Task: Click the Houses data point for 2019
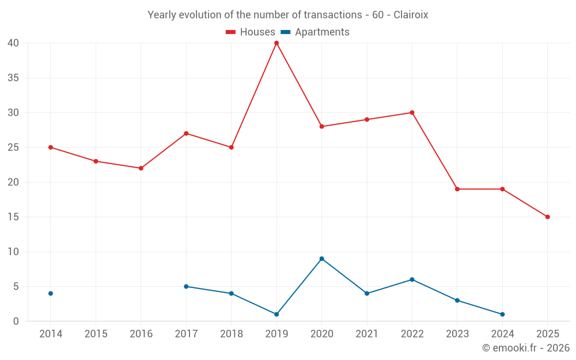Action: point(276,43)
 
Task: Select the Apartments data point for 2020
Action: point(321,259)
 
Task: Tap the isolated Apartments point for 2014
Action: point(51,294)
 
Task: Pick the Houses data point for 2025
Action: point(547,217)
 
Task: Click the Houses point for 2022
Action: point(412,113)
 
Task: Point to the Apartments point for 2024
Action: point(502,314)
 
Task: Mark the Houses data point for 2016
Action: point(141,168)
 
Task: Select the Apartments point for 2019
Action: point(276,314)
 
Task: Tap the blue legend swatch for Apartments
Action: point(285,32)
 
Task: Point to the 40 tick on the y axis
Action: point(13,43)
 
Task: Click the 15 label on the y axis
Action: point(13,217)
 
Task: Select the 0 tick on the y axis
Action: point(16,321)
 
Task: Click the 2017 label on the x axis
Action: point(186,334)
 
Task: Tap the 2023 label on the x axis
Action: point(457,334)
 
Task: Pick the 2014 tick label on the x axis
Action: point(51,334)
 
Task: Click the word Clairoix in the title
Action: point(411,15)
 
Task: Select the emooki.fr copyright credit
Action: point(526,348)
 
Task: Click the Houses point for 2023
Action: point(457,189)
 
